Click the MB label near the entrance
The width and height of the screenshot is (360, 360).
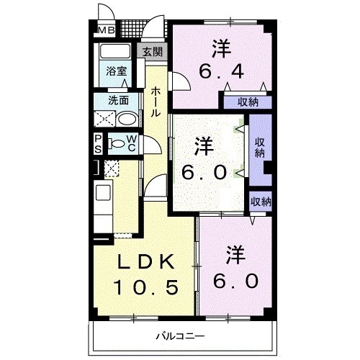pos(105,30)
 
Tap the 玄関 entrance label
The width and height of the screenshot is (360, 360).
pos(153,52)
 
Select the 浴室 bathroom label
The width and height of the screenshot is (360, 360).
pos(117,72)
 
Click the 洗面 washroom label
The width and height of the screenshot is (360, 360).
pos(119,100)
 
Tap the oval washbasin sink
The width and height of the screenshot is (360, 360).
pos(127,119)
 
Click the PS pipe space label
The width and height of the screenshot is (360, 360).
pos(97,144)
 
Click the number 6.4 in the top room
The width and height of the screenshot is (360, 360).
pos(221,73)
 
